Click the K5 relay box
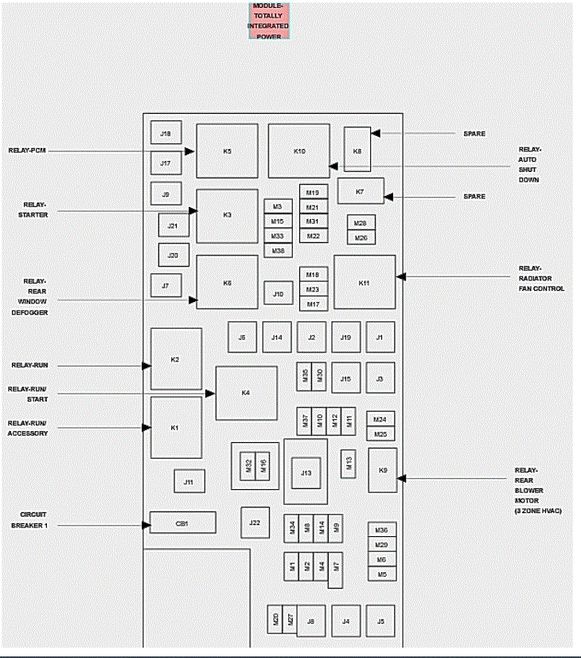coord(227,151)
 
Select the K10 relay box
coord(298,151)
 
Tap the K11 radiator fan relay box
coord(365,282)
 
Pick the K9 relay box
coord(382,470)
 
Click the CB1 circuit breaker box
coord(182,523)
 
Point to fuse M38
coord(278,251)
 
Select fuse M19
coord(312,193)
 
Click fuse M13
coord(348,463)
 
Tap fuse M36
coord(381,530)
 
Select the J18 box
coord(166,133)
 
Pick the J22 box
coord(255,523)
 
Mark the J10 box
coord(278,294)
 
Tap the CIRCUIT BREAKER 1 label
coord(29,519)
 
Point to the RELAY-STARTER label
coord(35,210)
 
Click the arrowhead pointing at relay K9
coord(402,478)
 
